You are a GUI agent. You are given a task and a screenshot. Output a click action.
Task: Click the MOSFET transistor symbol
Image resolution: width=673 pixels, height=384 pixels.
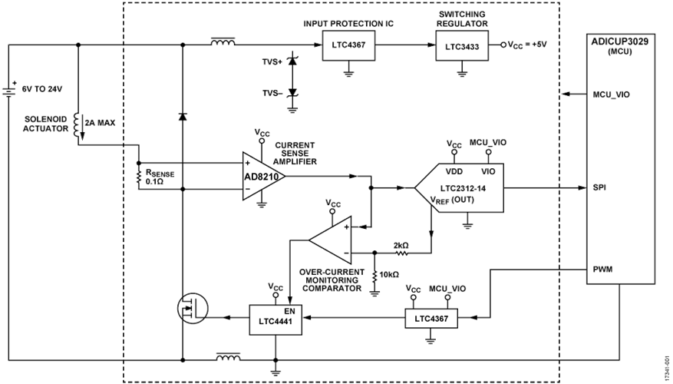tap(186, 309)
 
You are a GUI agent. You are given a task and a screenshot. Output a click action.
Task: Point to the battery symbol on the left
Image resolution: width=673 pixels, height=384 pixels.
tap(9, 91)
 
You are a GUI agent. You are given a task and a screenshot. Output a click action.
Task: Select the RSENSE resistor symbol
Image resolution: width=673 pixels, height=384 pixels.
tap(139, 175)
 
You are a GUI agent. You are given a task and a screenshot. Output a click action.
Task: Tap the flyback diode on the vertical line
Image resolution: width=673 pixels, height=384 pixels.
tap(182, 117)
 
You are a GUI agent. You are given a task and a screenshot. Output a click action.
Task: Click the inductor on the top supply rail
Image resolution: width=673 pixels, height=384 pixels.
tap(223, 44)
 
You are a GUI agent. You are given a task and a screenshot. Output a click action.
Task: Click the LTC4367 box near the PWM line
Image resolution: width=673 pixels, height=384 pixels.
tap(431, 316)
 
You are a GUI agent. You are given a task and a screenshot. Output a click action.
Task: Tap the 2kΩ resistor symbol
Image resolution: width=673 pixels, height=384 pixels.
tap(401, 252)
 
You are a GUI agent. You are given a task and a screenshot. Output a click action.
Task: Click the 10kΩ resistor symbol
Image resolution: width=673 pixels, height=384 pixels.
tap(374, 274)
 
